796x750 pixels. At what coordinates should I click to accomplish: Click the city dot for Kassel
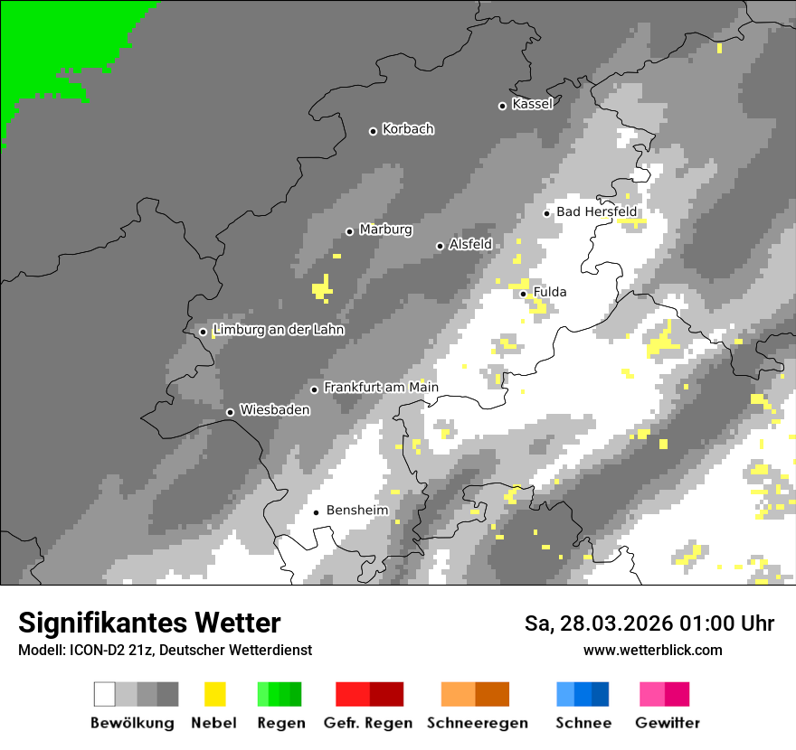coord(502,106)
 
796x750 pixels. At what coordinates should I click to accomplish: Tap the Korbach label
coord(408,129)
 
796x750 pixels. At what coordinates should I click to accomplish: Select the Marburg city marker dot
coord(349,231)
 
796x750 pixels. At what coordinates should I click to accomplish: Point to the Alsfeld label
coord(470,244)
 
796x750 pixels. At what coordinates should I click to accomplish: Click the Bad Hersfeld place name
coord(597,211)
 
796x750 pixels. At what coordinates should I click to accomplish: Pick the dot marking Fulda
coord(523,294)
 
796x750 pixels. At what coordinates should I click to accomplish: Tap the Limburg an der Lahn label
coord(279,330)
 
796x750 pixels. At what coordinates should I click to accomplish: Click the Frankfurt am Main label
coord(381,388)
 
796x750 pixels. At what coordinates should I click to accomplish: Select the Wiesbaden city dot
coord(230,412)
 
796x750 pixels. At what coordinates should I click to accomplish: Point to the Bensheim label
coord(357,511)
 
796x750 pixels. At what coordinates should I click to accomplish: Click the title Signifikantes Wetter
coord(149,623)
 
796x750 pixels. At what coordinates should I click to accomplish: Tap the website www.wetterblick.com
coord(652,651)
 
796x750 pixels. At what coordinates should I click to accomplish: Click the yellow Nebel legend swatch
coord(214,694)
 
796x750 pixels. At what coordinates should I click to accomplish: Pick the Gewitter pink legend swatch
coord(665,694)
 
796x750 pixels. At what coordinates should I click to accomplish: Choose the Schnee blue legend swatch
coord(583,694)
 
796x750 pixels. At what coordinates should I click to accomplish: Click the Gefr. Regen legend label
coord(368,723)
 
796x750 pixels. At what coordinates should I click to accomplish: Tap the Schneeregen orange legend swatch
coord(476,694)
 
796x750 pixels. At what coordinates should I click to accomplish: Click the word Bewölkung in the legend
coord(132,723)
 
